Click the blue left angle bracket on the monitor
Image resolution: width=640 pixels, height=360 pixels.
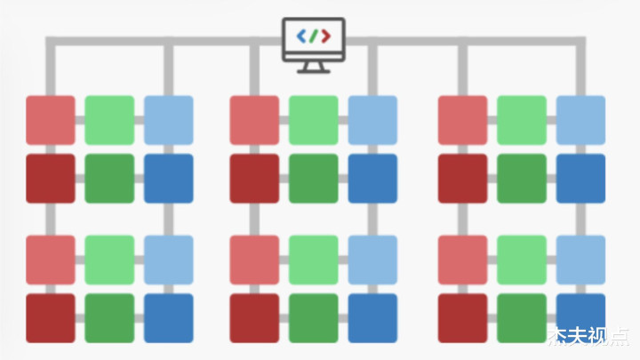[x=301, y=36]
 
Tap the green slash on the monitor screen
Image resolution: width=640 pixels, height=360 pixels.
[x=313, y=36]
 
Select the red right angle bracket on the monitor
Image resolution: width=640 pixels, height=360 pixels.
[x=325, y=36]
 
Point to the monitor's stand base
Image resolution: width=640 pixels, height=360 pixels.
[x=314, y=71]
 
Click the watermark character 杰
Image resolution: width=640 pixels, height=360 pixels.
[x=559, y=336]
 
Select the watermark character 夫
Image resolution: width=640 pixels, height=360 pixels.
[x=580, y=336]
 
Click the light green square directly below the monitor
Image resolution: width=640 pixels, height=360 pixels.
[x=314, y=120]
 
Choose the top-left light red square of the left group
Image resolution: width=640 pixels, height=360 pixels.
[x=51, y=120]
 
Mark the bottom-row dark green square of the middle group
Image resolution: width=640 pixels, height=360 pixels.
[x=314, y=318]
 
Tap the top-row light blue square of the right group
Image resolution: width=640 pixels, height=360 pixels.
[x=580, y=120]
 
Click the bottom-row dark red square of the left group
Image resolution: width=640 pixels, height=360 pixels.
[x=51, y=318]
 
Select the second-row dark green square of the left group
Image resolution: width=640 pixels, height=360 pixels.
[x=109, y=179]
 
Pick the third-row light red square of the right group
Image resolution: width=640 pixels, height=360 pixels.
[x=462, y=260]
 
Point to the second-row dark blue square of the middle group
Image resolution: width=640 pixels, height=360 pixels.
[x=372, y=179]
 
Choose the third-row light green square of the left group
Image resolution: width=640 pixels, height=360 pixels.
[x=109, y=260]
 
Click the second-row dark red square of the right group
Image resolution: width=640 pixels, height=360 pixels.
[x=462, y=179]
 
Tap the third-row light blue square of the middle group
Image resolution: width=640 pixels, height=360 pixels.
[x=372, y=260]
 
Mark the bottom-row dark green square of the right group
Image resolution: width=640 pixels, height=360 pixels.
[x=522, y=318]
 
